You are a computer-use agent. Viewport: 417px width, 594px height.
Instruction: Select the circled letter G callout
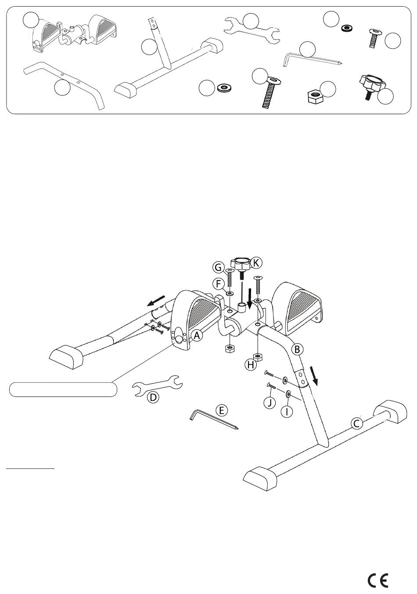coord(219,267)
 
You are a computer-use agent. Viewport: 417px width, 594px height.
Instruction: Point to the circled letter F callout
coord(218,284)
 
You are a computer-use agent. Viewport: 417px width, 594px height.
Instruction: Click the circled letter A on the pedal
coord(197,336)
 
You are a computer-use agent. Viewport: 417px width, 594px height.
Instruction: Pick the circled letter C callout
coord(356,423)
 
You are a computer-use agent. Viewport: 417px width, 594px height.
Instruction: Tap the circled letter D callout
coord(153,397)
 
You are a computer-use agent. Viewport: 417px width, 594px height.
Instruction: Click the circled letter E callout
coord(222,410)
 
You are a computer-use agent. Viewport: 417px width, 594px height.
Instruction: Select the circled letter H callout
coord(251,365)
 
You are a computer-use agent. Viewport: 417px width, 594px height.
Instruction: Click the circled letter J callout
coord(270,403)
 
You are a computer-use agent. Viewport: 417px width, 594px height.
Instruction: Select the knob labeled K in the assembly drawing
coord(241,267)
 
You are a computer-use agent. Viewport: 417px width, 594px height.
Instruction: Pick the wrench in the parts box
coord(252,30)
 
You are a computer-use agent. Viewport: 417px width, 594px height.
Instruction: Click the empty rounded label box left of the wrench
coord(63,389)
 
